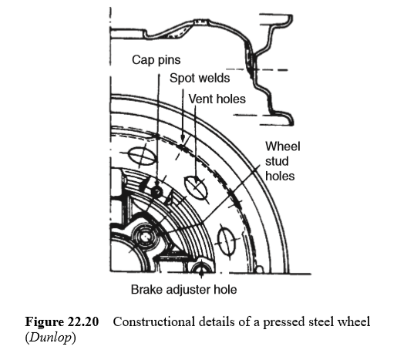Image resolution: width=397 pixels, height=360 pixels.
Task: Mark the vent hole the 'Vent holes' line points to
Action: pos(197,186)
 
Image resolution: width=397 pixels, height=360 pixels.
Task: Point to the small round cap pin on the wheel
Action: pos(156,191)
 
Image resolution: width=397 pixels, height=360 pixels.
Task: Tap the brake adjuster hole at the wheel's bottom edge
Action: pos(203,270)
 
